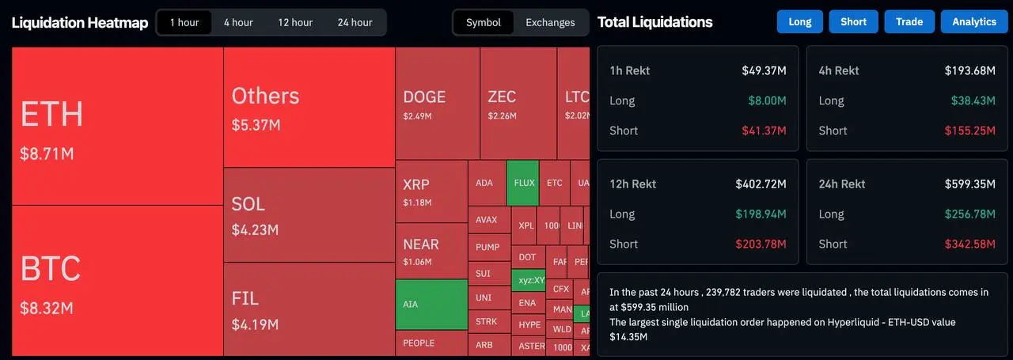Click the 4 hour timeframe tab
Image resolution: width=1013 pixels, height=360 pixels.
coord(237,22)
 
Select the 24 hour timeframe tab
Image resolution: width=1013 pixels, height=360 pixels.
coord(355,22)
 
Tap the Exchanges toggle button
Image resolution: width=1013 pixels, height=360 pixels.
coord(550,22)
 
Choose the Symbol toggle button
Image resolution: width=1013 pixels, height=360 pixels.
coord(483,22)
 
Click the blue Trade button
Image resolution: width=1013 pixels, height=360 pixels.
coord(909,21)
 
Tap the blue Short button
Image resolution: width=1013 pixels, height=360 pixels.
coord(853,21)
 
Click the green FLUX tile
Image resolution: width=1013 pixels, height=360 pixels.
coord(524,183)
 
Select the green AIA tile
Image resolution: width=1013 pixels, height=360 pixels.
coord(431,304)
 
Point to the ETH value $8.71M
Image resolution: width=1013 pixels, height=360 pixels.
coord(47,153)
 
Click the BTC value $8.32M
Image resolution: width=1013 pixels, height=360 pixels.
coord(47,307)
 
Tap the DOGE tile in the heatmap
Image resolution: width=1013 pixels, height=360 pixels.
coord(437,103)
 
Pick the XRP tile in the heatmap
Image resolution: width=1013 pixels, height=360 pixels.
coord(431,191)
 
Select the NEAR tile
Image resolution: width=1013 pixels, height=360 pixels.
coord(431,250)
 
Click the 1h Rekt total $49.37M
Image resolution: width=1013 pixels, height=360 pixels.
coord(764,70)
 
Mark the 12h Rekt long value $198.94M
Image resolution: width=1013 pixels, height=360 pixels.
coord(761,214)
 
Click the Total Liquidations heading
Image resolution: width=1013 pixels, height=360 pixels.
coord(654,22)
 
